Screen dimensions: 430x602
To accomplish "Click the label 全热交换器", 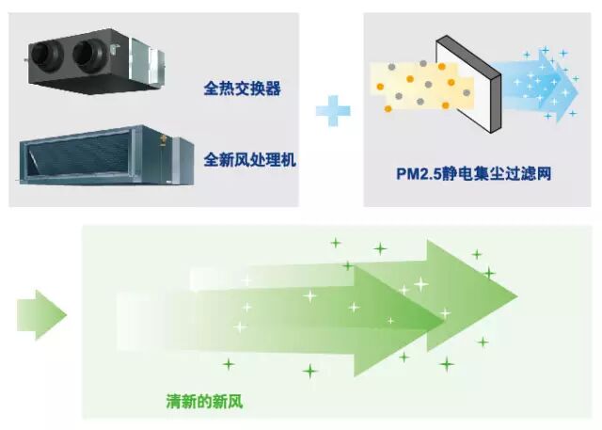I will point(243,90).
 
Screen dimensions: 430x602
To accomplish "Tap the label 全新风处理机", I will point(249,160).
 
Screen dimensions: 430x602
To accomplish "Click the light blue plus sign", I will point(332,110).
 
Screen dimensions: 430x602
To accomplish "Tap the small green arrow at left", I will point(40,313).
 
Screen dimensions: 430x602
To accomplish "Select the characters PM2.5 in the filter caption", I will point(418,174).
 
